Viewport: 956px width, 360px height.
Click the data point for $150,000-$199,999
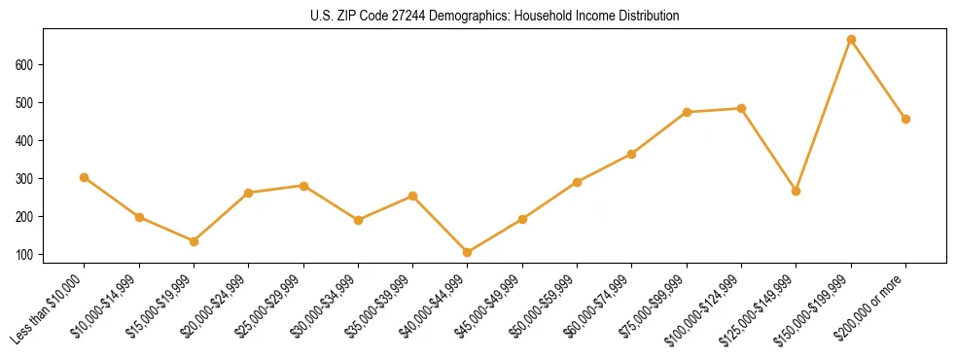tap(851, 40)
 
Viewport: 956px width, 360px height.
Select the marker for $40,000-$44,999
tap(468, 252)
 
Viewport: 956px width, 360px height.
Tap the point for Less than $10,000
tap(85, 177)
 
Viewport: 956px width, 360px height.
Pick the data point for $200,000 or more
tap(905, 119)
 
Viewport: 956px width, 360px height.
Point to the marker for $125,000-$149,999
tap(797, 191)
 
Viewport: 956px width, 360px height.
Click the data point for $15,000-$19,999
tap(194, 241)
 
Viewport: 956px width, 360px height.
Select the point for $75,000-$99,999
tap(687, 112)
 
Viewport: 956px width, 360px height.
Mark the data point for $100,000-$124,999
tap(741, 108)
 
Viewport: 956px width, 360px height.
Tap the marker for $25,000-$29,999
tap(303, 186)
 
